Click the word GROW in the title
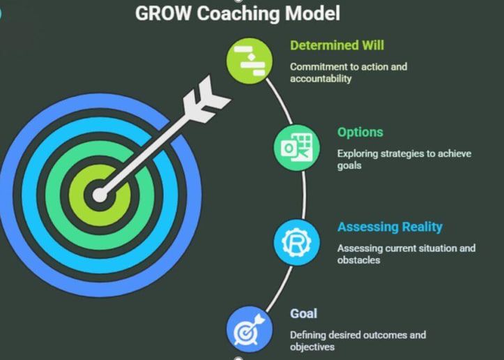[x=163, y=13]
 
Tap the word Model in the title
[x=313, y=13]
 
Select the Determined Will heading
[x=337, y=45]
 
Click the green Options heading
[x=360, y=133]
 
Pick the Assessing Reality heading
[x=390, y=227]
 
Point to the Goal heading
[x=303, y=313]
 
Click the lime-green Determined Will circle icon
[x=250, y=61]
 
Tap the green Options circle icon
[x=297, y=148]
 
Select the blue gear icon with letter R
[x=297, y=243]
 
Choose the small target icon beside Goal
[x=250, y=329]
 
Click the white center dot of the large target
[x=100, y=195]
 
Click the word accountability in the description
[x=321, y=79]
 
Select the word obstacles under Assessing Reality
[x=358, y=260]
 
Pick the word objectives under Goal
[x=312, y=347]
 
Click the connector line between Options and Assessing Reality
[x=304, y=195]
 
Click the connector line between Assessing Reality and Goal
[x=280, y=289]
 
